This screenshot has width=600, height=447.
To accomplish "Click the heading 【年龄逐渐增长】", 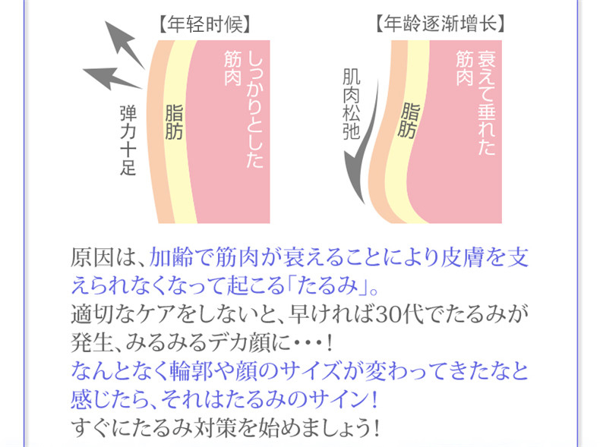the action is [x=441, y=24].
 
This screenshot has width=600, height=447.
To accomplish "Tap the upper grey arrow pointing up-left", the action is [x=125, y=44].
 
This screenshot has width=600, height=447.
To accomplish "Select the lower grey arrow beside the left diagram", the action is [x=112, y=78].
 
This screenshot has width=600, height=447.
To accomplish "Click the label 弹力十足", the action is [x=128, y=140].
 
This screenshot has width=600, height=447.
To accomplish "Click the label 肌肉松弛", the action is [x=352, y=104].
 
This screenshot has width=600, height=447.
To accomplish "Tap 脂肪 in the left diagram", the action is [x=174, y=122].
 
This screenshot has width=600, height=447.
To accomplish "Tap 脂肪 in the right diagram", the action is [x=408, y=120].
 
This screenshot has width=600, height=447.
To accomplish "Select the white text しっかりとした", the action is [x=255, y=110].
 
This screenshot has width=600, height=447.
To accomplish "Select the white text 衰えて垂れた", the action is [x=486, y=103].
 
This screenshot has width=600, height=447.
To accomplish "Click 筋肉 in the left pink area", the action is [x=232, y=68].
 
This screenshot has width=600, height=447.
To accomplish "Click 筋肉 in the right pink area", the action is [x=465, y=68].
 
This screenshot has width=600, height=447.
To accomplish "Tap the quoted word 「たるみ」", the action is [x=328, y=285].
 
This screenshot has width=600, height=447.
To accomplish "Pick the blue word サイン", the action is [x=336, y=399].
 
